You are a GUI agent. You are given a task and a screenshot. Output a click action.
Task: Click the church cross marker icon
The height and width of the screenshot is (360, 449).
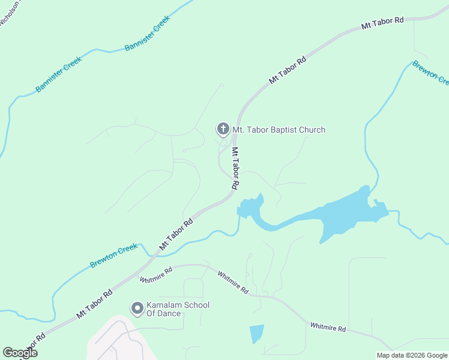pos(223,129)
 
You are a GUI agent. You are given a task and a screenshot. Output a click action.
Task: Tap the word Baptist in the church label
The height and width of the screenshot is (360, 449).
pos(280,130)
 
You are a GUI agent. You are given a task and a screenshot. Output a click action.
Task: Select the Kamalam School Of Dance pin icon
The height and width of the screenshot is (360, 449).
pos(137,308)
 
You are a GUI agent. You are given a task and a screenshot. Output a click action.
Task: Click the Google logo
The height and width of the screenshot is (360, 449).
pos(20,353)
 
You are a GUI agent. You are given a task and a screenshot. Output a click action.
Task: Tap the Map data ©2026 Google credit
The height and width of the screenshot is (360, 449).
pos(412,355)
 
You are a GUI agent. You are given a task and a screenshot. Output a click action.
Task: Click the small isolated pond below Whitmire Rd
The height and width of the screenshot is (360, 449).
pos(256,332)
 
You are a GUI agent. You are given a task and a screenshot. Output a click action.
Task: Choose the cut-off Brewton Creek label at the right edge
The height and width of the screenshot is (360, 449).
pos(430,73)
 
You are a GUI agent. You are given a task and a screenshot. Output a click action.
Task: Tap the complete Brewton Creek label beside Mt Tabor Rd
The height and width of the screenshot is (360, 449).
pos(114,256)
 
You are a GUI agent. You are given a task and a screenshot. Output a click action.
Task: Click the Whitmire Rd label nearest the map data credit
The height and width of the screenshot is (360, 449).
pos(328,328)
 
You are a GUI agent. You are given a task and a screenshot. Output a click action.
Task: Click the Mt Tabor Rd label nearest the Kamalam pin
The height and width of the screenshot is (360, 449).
pos(94,305)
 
